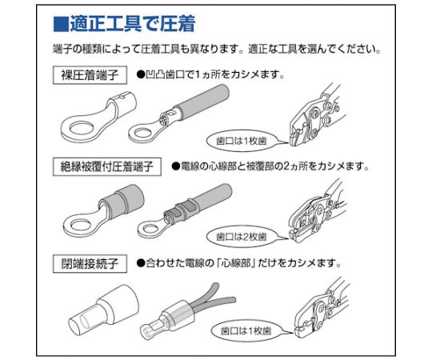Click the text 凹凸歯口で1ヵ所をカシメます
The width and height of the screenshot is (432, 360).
[x=215, y=76]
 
